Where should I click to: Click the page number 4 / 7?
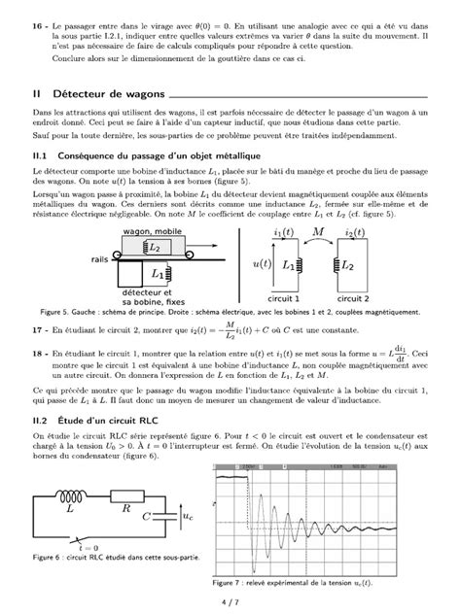point(230,603)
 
